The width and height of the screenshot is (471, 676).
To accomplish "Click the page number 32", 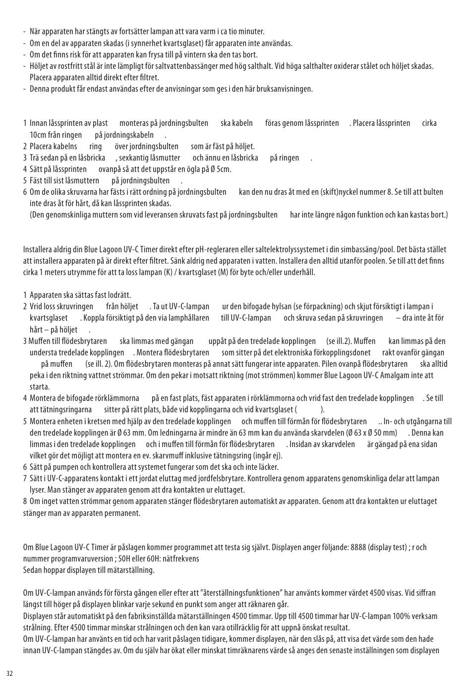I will click(x=10, y=673).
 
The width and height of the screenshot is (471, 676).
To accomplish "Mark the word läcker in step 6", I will click(x=267, y=467).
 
